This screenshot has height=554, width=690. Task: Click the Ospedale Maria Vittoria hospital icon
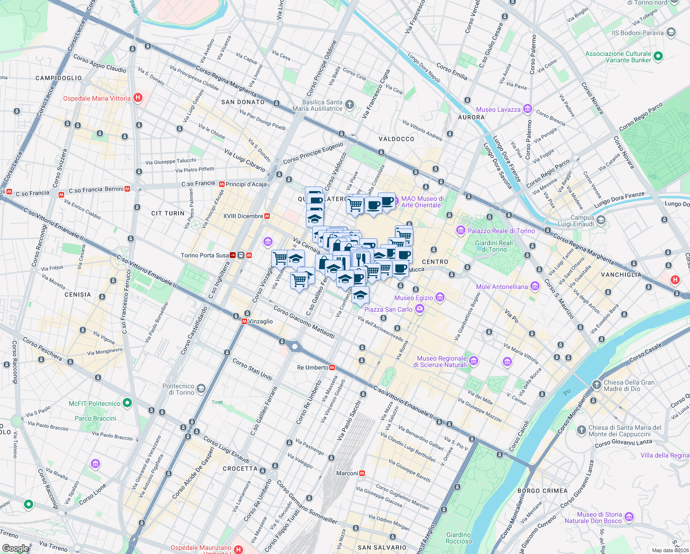pyautogui.click(x=137, y=98)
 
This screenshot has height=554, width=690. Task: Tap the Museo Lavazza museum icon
pyautogui.click(x=527, y=109)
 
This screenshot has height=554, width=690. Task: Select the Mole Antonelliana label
pyautogui.click(x=501, y=287)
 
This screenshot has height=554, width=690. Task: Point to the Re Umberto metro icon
pyautogui.click(x=332, y=367)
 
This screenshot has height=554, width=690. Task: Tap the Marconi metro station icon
pyautogui.click(x=362, y=473)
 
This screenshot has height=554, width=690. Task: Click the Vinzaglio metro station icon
pyautogui.click(x=244, y=321)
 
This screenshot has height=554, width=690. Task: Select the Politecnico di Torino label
pyautogui.click(x=178, y=389)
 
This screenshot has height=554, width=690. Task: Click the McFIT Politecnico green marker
pyautogui.click(x=127, y=403)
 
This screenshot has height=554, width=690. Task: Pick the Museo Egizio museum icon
pyautogui.click(x=440, y=297)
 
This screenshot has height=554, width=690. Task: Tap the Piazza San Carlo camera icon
pyautogui.click(x=419, y=309)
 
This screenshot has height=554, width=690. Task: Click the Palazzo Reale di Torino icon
pyautogui.click(x=460, y=230)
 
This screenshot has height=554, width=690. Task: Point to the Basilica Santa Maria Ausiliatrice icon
pyautogui.click(x=350, y=105)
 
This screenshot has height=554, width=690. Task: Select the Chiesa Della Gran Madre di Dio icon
pyautogui.click(x=597, y=385)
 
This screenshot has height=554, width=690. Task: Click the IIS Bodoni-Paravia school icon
pyautogui.click(x=671, y=32)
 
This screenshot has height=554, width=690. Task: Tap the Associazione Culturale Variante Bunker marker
pyautogui.click(x=658, y=56)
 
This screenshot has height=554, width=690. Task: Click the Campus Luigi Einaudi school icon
pyautogui.click(x=601, y=220)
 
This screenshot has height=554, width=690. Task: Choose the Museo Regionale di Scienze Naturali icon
pyautogui.click(x=474, y=361)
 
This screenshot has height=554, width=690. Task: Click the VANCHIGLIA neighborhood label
pyautogui.click(x=621, y=275)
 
